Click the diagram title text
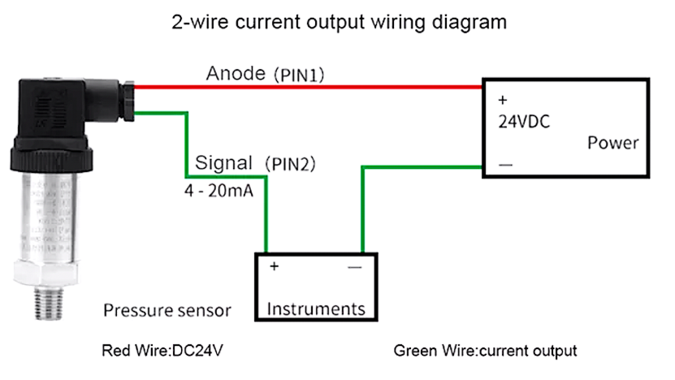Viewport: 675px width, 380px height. coord(339,22)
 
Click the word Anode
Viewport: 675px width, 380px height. coord(236,73)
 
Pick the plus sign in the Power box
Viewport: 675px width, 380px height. coord(502,100)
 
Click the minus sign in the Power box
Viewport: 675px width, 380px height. coord(505,165)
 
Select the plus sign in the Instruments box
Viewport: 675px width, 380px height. coord(274,266)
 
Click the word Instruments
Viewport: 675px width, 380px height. coord(316,309)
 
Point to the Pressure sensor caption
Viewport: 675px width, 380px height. coord(167,310)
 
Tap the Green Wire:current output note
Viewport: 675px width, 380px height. coord(485,352)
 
